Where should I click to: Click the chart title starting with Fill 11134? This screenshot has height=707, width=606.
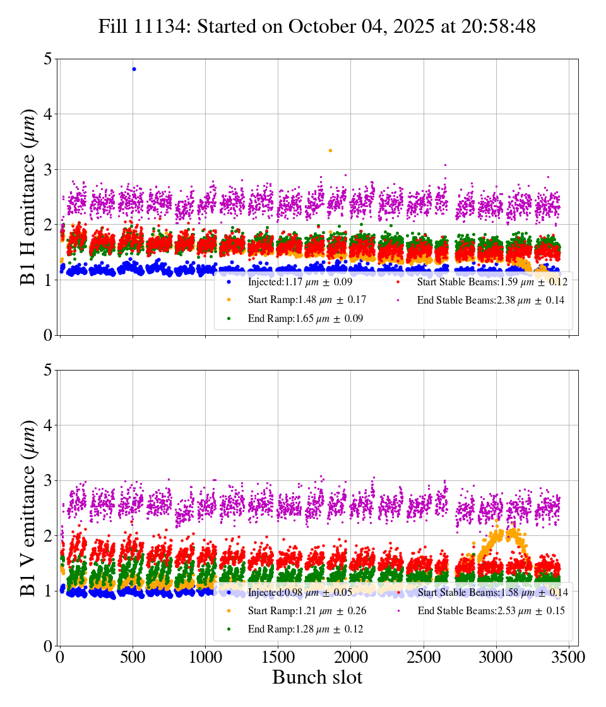317,27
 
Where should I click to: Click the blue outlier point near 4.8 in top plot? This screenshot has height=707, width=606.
134,69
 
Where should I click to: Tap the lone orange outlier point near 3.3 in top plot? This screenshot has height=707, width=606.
330,150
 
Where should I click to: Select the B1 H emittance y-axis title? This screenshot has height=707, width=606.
28,197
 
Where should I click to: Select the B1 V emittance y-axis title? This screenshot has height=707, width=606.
28,508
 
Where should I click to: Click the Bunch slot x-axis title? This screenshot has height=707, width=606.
317,678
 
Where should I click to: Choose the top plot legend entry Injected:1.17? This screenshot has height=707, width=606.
300,282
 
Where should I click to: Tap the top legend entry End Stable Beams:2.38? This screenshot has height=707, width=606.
490,300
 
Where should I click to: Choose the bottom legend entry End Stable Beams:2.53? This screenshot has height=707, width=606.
490,611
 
